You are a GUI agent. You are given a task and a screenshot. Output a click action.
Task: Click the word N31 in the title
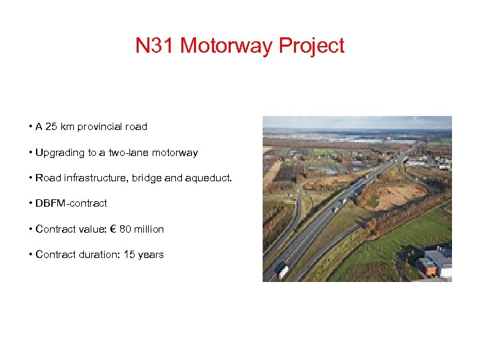(155, 46)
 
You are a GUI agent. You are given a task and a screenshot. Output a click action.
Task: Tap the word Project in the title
(312, 46)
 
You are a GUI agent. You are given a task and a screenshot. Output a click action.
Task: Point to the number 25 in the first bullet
(52, 127)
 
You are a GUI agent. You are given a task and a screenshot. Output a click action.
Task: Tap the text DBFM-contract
(71, 203)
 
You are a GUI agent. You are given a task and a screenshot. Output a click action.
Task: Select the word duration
(96, 255)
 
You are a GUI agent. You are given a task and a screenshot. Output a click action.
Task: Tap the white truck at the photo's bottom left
(283, 271)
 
